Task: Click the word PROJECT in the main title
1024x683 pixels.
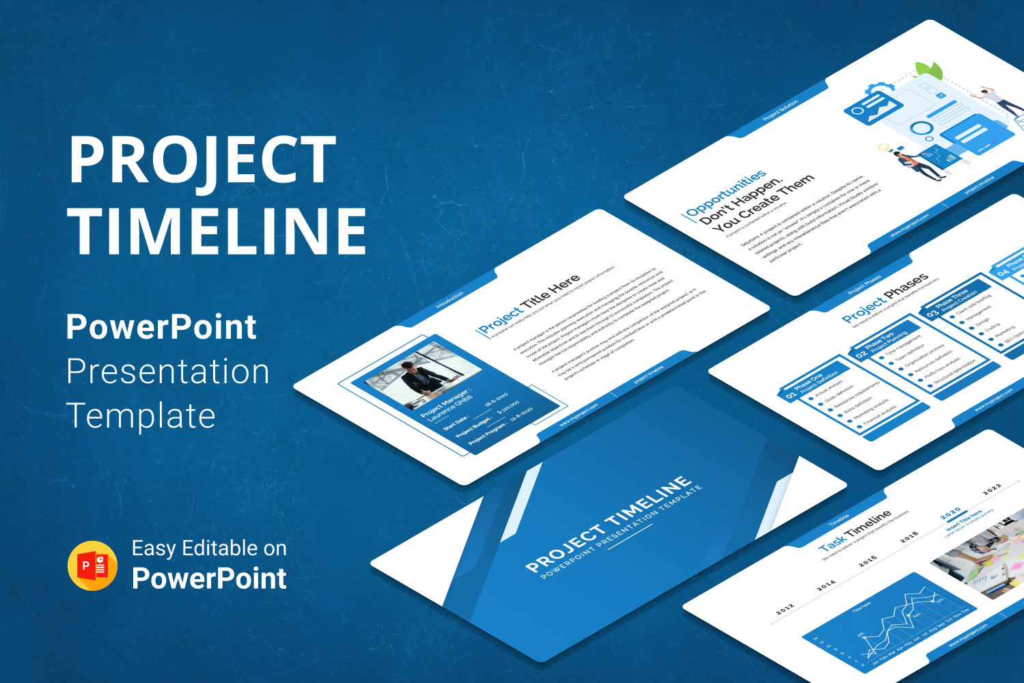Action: [x=202, y=160]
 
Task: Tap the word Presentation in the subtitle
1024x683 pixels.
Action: [x=168, y=372]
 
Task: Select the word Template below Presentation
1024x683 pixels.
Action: [x=141, y=416]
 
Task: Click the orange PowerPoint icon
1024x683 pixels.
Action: [x=93, y=566]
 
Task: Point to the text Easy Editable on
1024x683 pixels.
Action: [x=209, y=548]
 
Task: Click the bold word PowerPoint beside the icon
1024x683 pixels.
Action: [x=209, y=579]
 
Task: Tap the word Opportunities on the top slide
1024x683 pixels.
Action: [x=726, y=194]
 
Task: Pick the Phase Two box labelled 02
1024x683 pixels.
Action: [x=881, y=344]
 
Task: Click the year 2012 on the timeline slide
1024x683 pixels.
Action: [x=785, y=608]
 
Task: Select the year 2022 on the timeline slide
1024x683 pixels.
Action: [x=992, y=488]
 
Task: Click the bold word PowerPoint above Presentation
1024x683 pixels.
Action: [x=161, y=327]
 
